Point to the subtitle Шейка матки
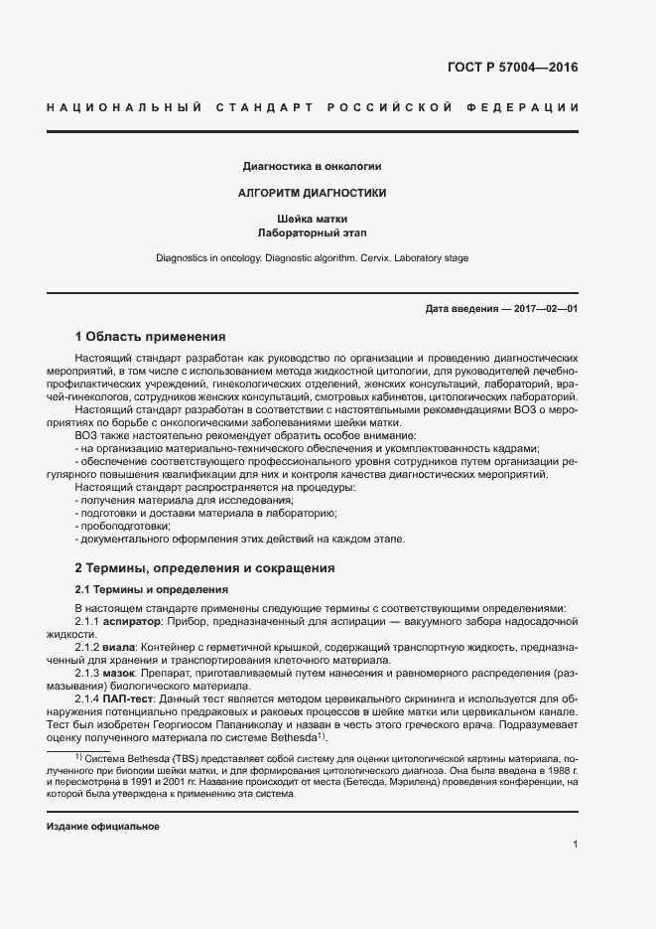click(x=313, y=219)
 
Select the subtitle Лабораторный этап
click(x=313, y=233)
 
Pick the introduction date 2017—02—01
click(x=546, y=309)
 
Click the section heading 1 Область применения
click(x=150, y=337)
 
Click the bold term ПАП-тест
click(x=133, y=699)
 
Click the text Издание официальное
click(x=103, y=827)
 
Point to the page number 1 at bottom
click(x=576, y=845)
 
